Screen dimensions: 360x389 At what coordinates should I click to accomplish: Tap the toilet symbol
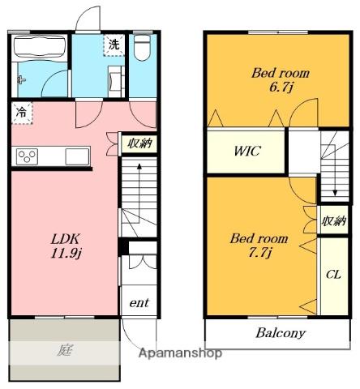pyautogui.click(x=142, y=48)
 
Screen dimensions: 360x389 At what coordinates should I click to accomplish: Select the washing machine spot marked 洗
pyautogui.click(x=114, y=45)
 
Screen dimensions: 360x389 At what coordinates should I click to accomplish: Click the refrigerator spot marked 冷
pyautogui.click(x=22, y=113)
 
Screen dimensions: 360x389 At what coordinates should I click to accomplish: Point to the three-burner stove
pyautogui.click(x=27, y=156)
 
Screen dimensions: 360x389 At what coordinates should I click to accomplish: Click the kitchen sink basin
pyautogui.click(x=77, y=156)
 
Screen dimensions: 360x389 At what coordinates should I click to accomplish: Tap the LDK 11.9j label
pyautogui.click(x=66, y=246)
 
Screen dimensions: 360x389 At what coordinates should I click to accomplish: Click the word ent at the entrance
pyautogui.click(x=139, y=303)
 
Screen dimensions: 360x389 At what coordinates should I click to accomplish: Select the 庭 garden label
pyautogui.click(x=65, y=350)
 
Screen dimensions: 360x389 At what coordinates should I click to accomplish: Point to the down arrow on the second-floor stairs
pyautogui.click(x=335, y=172)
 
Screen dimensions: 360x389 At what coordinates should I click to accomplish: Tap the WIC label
pyautogui.click(x=247, y=151)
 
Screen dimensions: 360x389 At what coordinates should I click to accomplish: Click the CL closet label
pyautogui.click(x=333, y=275)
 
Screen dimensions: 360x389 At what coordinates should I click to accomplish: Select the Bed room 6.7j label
pyautogui.click(x=281, y=80)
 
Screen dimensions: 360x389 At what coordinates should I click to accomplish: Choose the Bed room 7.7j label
pyautogui.click(x=259, y=246)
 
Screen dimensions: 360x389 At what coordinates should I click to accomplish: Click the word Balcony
pyautogui.click(x=281, y=333)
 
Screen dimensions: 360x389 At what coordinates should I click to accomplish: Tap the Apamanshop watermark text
pyautogui.click(x=180, y=353)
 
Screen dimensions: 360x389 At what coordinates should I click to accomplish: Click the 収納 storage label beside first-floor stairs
pyautogui.click(x=139, y=143)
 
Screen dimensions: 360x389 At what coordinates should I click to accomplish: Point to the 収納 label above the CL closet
pyautogui.click(x=334, y=220)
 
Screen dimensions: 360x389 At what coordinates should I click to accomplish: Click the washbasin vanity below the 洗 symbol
pyautogui.click(x=116, y=81)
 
